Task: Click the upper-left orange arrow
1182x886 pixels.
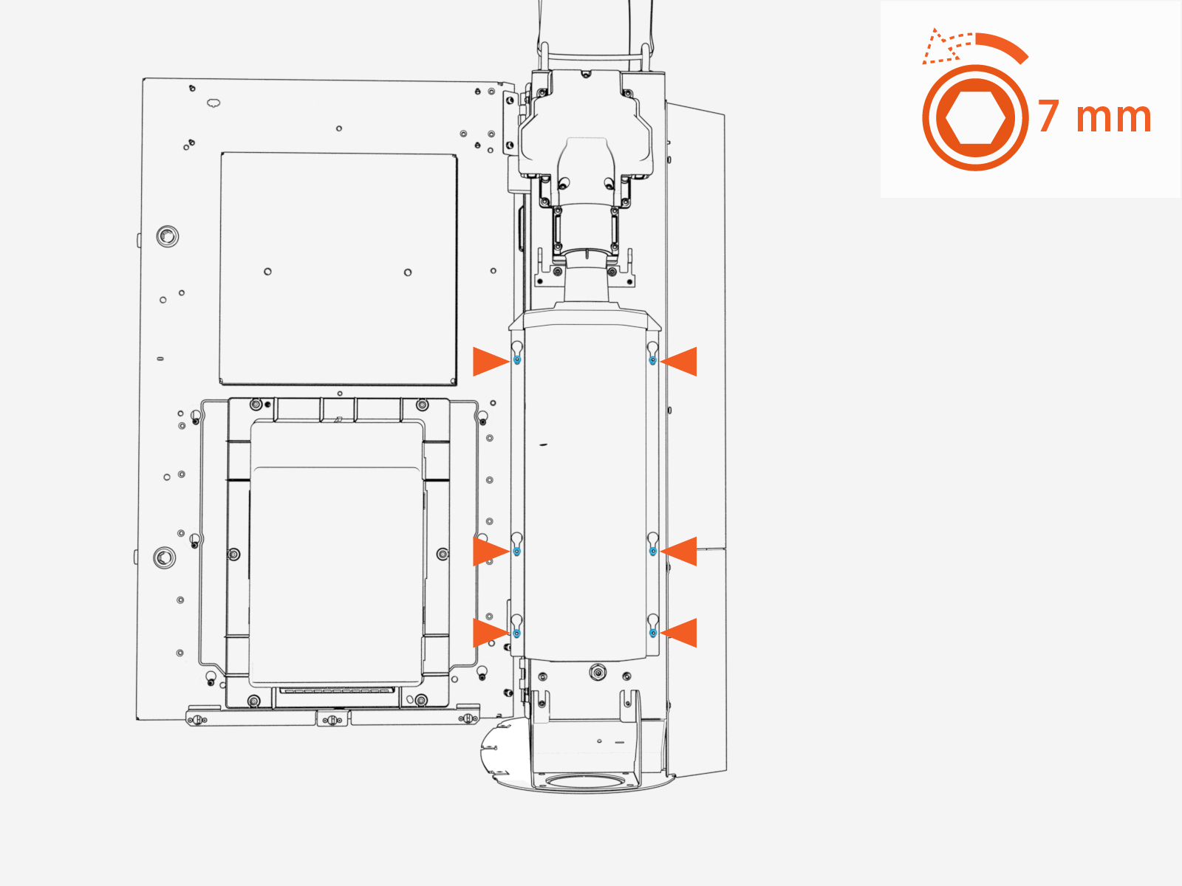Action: coord(489,361)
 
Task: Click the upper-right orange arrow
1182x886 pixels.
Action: coord(680,361)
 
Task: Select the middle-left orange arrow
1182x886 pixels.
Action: coord(489,551)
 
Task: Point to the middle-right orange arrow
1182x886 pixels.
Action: coord(680,551)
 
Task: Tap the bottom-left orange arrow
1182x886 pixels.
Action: coord(489,633)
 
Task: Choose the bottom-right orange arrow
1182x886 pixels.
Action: coord(680,633)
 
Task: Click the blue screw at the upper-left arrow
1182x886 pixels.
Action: coord(517,360)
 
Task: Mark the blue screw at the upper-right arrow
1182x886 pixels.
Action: coord(652,360)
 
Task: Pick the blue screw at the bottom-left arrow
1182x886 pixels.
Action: coord(516,633)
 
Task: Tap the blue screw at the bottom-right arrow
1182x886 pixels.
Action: coord(652,633)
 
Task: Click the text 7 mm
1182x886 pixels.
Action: coord(1095,117)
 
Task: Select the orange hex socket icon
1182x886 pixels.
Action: coord(975,118)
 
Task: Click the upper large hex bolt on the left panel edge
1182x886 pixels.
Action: coord(168,236)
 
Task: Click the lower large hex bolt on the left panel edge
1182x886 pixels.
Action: coord(164,557)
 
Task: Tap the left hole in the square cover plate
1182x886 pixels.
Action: coord(267,272)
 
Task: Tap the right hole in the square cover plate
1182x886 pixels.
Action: coord(408,272)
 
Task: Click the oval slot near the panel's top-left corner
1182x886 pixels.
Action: coord(213,102)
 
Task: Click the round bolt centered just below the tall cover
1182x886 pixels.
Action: coord(597,672)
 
